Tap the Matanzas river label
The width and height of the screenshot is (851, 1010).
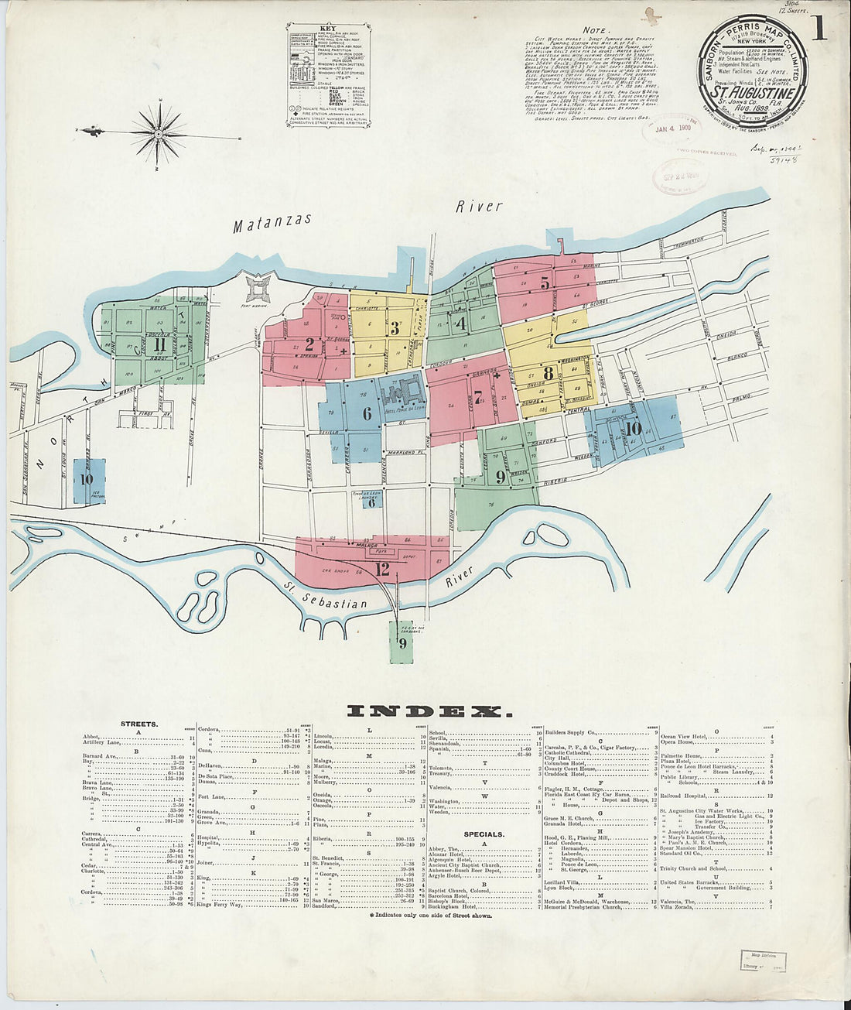273,222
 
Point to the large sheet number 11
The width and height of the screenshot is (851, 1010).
159,345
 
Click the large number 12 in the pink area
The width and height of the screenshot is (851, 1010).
382,570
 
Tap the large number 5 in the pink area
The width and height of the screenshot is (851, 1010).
545,284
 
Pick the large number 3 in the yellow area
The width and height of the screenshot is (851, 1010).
395,328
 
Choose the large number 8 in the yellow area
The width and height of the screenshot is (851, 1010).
548,373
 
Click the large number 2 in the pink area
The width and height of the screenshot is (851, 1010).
309,345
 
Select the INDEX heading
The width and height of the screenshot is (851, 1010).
429,711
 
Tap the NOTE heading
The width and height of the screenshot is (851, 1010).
594,30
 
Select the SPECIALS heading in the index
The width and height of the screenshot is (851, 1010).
484,834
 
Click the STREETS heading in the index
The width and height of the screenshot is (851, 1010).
139,724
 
